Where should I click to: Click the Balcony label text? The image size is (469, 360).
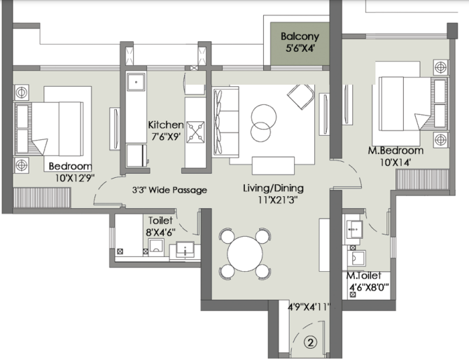pyautogui.click(x=300, y=36)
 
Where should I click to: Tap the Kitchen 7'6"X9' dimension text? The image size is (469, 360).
pyautogui.click(x=166, y=137)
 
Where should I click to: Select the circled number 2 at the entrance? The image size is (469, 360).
pyautogui.click(x=311, y=342)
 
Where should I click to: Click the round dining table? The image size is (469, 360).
pyautogui.click(x=245, y=254)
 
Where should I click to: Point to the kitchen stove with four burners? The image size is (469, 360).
pyautogui.click(x=195, y=132)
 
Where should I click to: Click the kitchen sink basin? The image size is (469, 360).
pyautogui.click(x=136, y=82)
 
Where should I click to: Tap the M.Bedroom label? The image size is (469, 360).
pyautogui.click(x=395, y=150)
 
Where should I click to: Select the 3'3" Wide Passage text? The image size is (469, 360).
pyautogui.click(x=169, y=190)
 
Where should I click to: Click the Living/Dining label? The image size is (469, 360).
pyautogui.click(x=273, y=188)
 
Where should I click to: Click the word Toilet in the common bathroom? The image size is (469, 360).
pyautogui.click(x=160, y=221)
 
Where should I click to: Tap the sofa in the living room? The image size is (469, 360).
pyautogui.click(x=225, y=122)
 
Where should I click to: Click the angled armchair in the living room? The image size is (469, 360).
pyautogui.click(x=301, y=97)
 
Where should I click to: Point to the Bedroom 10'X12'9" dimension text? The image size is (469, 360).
pyautogui.click(x=75, y=178)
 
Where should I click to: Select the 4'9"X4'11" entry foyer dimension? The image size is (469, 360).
pyautogui.click(x=309, y=307)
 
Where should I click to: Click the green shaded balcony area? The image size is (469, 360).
pyautogui.click(x=300, y=43)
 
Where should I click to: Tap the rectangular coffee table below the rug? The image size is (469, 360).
pyautogui.click(x=273, y=165)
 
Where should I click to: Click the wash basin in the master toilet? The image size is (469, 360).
pyautogui.click(x=354, y=229)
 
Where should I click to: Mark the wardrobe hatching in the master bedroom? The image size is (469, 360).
pyautogui.click(x=422, y=179)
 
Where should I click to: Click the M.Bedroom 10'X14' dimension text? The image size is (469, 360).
pyautogui.click(x=395, y=162)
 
